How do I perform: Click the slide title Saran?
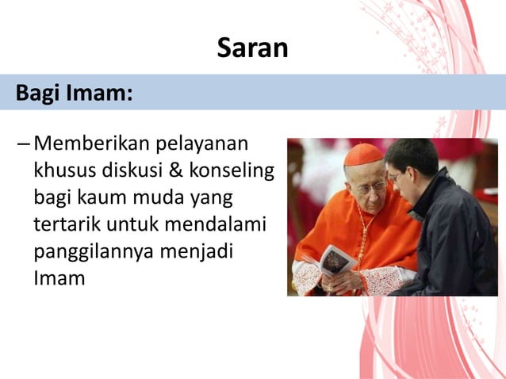click(252, 49)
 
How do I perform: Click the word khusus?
click(62, 171)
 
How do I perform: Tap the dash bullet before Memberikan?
click(23, 146)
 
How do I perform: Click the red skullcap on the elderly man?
click(363, 154)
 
